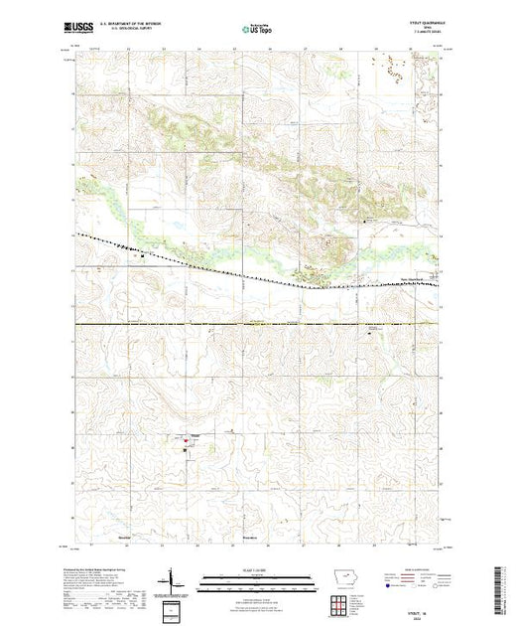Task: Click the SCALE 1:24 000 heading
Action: (257, 571)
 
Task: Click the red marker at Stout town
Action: (187, 440)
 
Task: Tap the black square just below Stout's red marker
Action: (186, 450)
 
